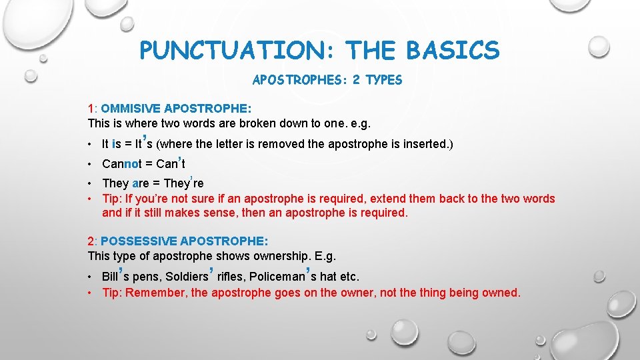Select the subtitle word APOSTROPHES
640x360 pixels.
point(296,81)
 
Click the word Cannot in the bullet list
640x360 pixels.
point(121,164)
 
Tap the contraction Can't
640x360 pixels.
point(171,163)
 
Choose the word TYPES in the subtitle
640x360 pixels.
point(385,81)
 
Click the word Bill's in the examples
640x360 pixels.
point(117,275)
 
